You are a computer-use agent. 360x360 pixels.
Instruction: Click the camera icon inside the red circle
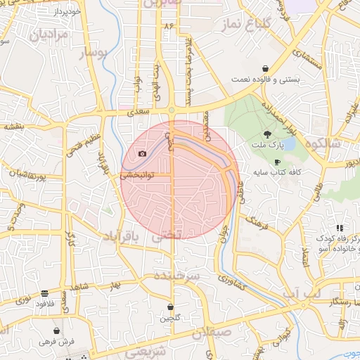pyautogui.click(x=143, y=153)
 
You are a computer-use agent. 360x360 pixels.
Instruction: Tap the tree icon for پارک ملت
pyautogui.click(x=266, y=134)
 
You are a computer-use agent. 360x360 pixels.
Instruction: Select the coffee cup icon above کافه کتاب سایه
pyautogui.click(x=277, y=162)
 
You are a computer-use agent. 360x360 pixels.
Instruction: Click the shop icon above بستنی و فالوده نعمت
pyautogui.click(x=264, y=69)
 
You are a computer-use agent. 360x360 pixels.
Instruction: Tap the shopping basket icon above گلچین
pyautogui.click(x=171, y=307)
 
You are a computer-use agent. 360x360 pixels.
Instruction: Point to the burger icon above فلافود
pyautogui.click(x=45, y=294)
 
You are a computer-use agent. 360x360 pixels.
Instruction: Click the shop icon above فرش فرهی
pyautogui.click(x=56, y=330)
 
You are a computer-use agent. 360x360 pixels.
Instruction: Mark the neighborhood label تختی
pyautogui.click(x=167, y=238)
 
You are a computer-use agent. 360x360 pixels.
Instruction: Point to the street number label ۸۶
pyautogui.click(x=168, y=25)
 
